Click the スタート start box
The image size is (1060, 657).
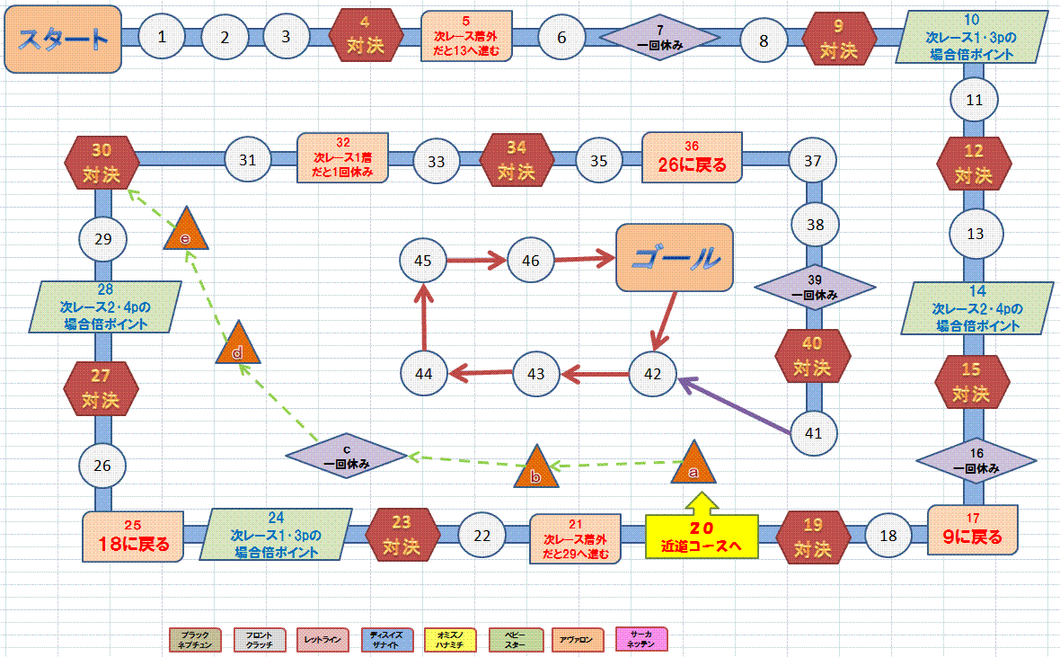click(63, 38)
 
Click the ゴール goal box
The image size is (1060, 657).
click(675, 257)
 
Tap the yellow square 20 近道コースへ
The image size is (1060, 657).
click(702, 537)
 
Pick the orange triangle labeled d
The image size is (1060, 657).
click(237, 346)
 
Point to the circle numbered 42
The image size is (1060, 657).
click(653, 373)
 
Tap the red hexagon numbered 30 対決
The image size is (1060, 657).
click(102, 161)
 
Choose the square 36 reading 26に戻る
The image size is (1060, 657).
click(692, 159)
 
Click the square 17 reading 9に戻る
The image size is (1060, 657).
click(973, 531)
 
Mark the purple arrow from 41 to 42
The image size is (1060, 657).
click(736, 405)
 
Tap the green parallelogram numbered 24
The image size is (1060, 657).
click(276, 536)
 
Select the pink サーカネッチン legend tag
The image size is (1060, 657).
click(642, 639)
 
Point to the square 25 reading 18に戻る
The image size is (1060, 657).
click(134, 537)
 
